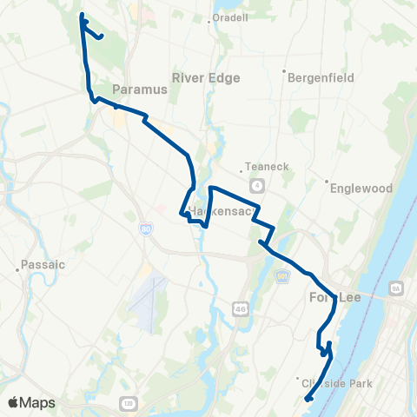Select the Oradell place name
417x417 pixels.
231,17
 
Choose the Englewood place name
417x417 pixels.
359,188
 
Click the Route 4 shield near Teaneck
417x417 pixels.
258,186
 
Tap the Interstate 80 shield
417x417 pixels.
145,228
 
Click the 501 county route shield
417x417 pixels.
283,275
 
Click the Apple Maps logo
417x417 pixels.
31,402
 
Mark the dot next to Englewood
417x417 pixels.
327,182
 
